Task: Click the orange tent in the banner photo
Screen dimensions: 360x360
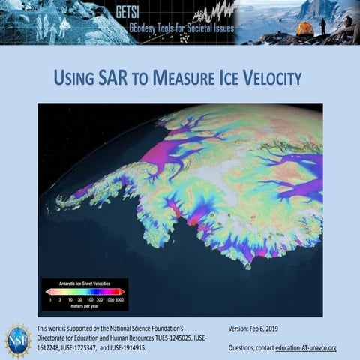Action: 304,29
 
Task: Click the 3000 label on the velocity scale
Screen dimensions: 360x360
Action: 119,298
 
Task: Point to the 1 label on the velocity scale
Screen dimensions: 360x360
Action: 49,298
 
